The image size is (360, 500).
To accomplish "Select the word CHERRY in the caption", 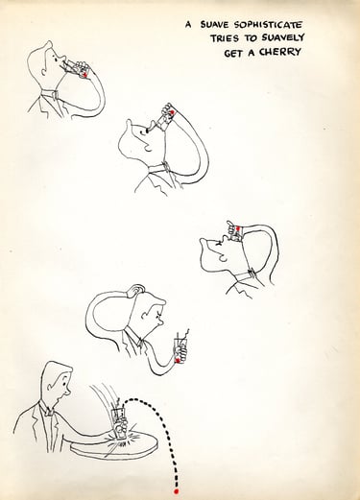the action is click(x=280, y=52).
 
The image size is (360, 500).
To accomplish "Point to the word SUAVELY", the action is click(x=282, y=37).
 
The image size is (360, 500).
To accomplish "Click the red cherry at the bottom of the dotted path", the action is click(x=176, y=491).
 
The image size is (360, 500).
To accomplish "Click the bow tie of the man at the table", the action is click(x=48, y=411).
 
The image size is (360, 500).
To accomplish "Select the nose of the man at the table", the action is click(x=69, y=392).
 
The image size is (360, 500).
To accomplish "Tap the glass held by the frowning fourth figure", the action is click(x=180, y=349).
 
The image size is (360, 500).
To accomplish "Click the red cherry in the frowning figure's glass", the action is click(x=178, y=361).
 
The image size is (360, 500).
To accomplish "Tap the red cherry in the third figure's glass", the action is click(x=238, y=228).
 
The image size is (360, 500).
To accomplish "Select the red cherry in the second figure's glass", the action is click(x=172, y=112).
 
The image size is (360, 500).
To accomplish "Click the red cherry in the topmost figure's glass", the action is click(x=84, y=74).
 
